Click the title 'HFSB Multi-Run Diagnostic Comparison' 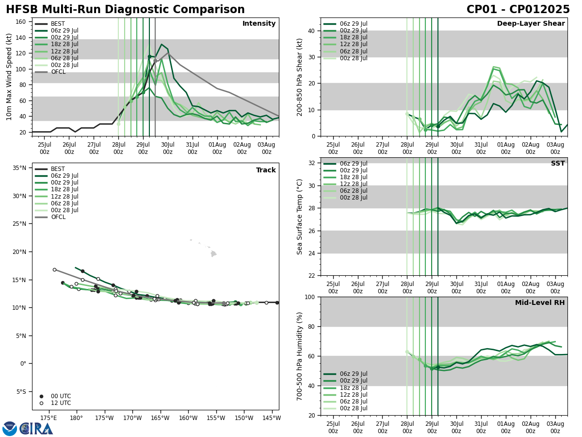click(x=125, y=10)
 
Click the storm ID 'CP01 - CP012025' click(x=518, y=10)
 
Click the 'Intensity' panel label click(x=259, y=24)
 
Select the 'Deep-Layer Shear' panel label click(x=531, y=24)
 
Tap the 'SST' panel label click(x=558, y=164)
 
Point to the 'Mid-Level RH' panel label click(x=540, y=303)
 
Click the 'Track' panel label click(x=266, y=170)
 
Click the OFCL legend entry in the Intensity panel click(x=58, y=72)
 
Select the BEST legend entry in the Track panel click(x=57, y=169)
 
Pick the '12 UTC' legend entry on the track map click(x=61, y=403)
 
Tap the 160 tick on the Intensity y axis click(x=21, y=22)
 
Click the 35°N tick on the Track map click(x=19, y=168)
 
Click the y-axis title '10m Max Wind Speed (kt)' click(x=9, y=77)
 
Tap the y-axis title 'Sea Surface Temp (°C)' click(x=300, y=217)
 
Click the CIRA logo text click(x=36, y=428)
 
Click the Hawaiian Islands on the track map click(x=212, y=253)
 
